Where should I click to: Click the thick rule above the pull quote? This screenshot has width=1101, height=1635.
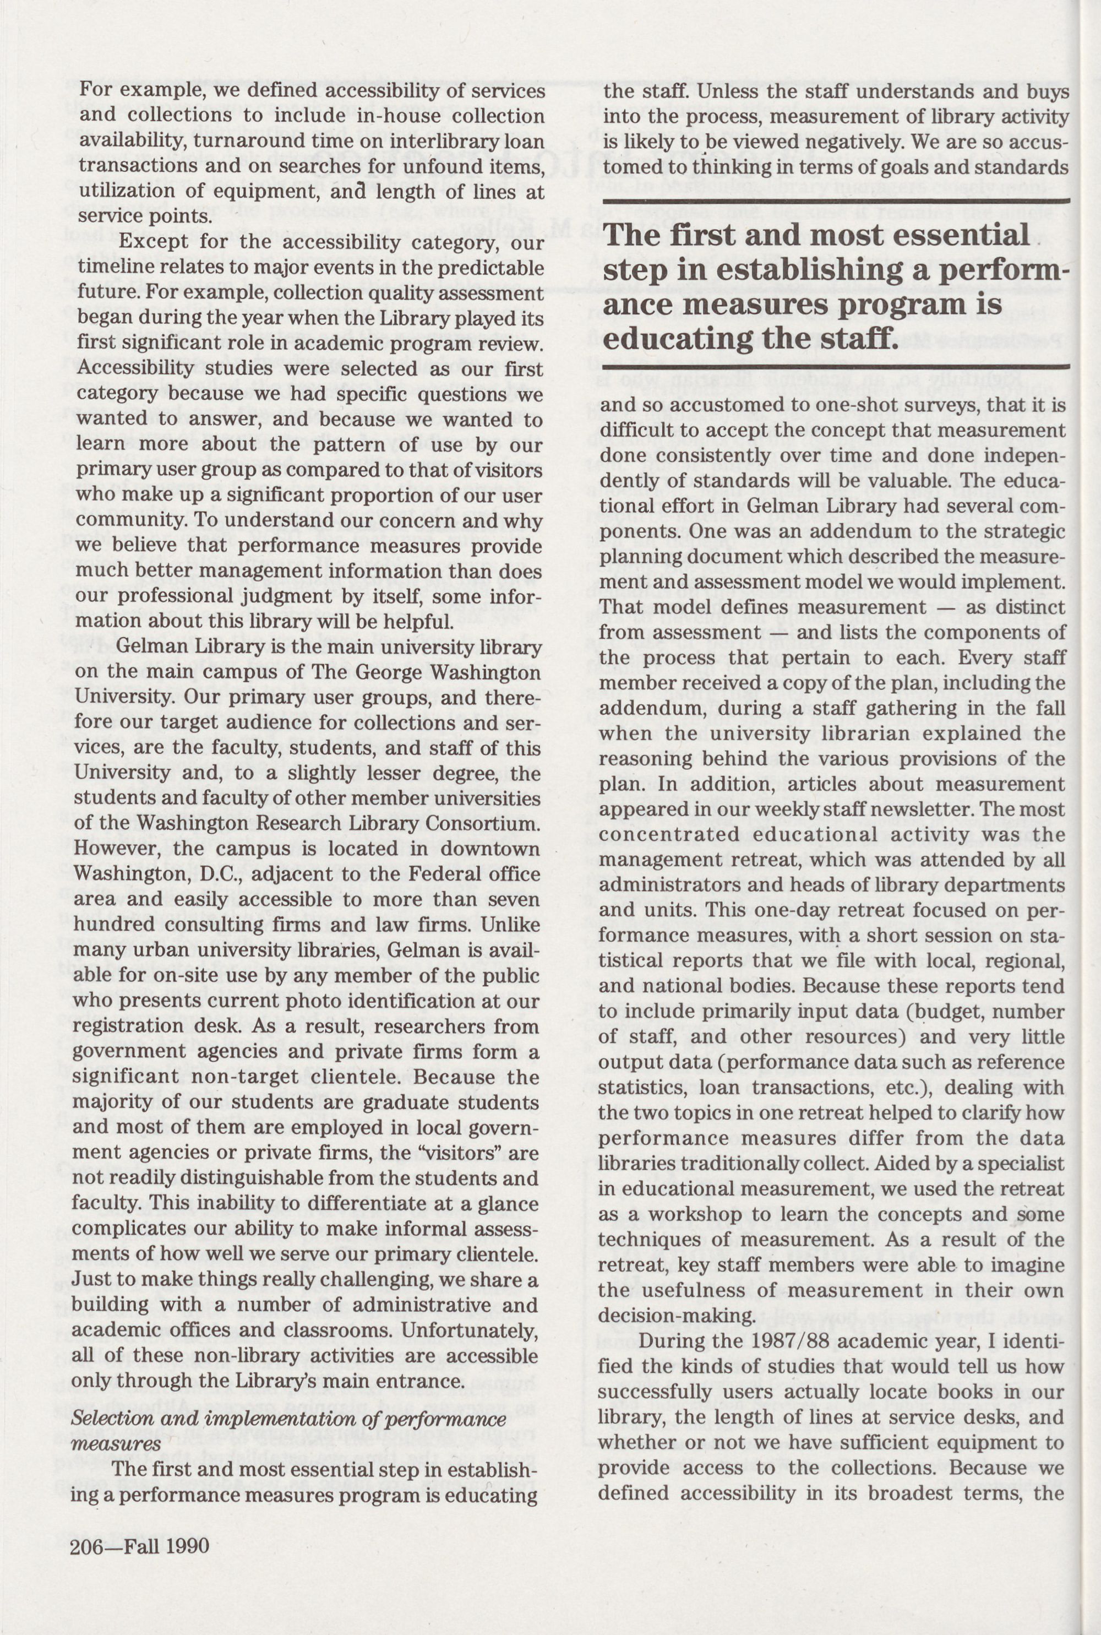[836, 202]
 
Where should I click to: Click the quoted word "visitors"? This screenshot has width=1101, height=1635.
[444, 1153]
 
